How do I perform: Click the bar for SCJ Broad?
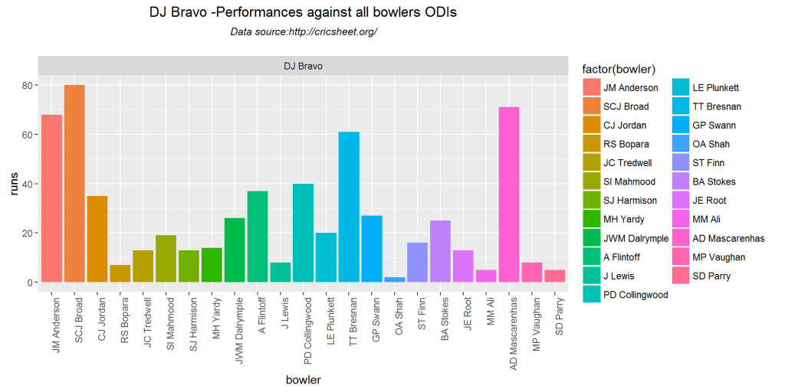tap(74, 184)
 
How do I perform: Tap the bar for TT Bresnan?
tap(349, 207)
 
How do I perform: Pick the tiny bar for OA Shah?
tap(395, 279)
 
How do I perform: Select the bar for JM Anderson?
tap(51, 198)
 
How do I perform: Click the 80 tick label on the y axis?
tap(28, 86)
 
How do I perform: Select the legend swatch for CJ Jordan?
tap(592, 125)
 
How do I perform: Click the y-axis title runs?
tap(13, 184)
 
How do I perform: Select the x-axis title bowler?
tap(303, 380)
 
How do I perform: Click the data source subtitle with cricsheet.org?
tap(304, 31)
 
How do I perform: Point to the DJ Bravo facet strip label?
tap(303, 66)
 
